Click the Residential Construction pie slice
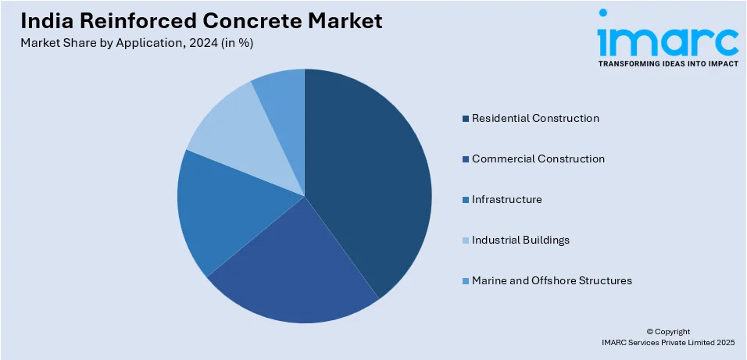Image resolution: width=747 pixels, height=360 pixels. click(371, 180)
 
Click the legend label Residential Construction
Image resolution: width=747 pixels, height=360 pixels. click(535, 119)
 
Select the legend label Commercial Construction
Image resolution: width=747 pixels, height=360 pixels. click(538, 159)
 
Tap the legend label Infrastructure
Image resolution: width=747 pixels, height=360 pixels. click(506, 200)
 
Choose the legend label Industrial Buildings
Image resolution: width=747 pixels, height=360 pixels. click(520, 241)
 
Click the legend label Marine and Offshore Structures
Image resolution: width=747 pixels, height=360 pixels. click(552, 281)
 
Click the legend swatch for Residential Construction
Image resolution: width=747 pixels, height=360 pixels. click(466, 119)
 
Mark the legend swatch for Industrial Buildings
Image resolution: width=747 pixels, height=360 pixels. click(466, 241)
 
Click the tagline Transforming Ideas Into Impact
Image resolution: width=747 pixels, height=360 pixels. click(667, 64)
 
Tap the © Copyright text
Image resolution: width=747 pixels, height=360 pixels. click(668, 332)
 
